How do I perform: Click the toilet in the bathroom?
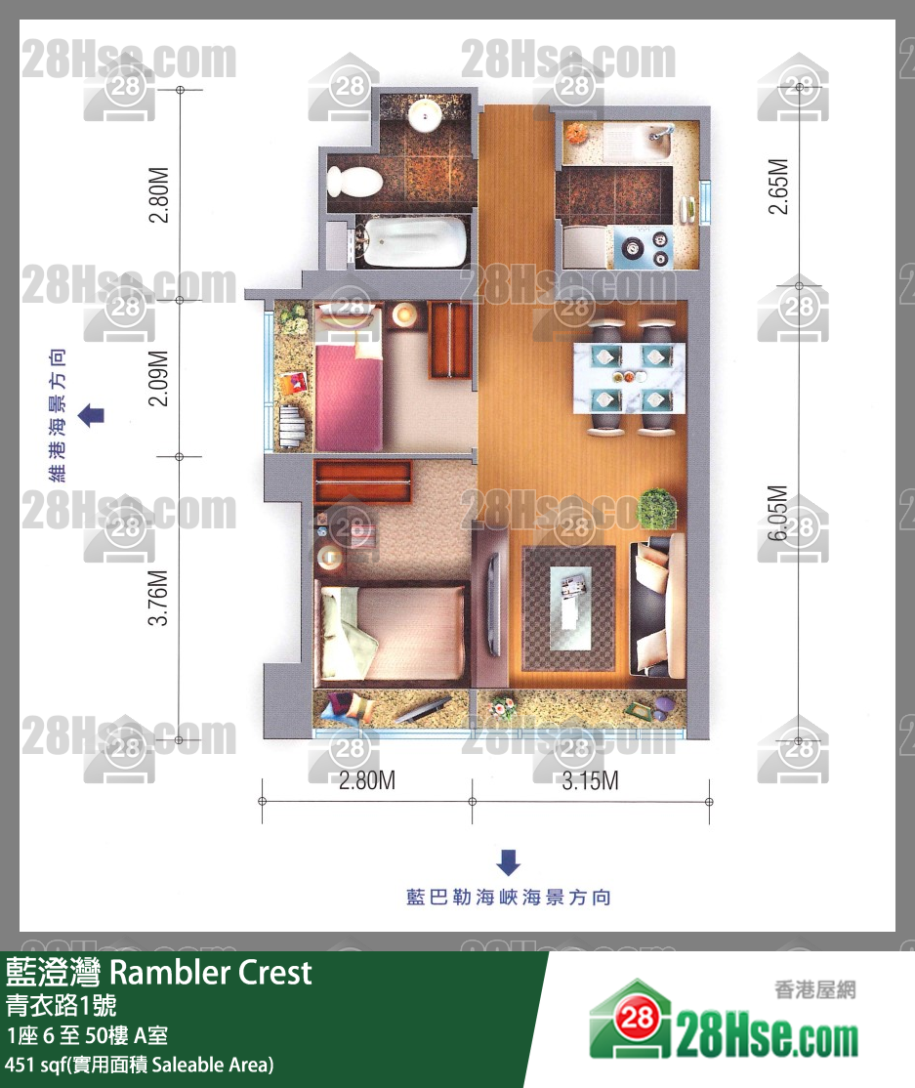(x=354, y=182)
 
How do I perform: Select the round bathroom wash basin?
(x=425, y=115)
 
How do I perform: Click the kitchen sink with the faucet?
(x=652, y=144)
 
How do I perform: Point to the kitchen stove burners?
(x=644, y=248)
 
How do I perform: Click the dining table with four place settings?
(x=629, y=377)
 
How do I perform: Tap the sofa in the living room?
(x=657, y=604)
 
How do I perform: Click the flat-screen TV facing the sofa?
(x=493, y=603)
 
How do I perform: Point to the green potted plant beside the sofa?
(x=656, y=509)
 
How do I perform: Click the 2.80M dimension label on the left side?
(x=159, y=194)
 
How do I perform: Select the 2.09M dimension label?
(x=159, y=378)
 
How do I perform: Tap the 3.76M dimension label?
(x=159, y=598)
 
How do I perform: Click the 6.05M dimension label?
(x=778, y=513)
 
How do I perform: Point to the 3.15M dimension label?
(x=591, y=780)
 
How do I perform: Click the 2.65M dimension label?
(x=778, y=187)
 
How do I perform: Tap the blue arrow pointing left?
(x=91, y=416)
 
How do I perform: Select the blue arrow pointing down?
(x=509, y=862)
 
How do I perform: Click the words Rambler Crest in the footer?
(x=211, y=973)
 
